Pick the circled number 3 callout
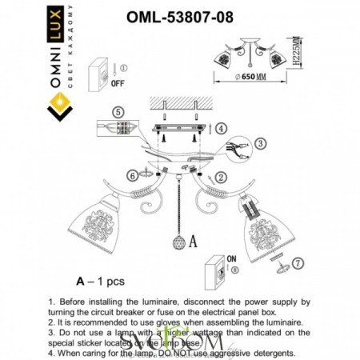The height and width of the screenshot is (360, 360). coord(260,144)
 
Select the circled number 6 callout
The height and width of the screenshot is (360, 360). coord(130,175)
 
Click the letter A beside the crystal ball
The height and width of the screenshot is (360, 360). coord(194,238)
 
